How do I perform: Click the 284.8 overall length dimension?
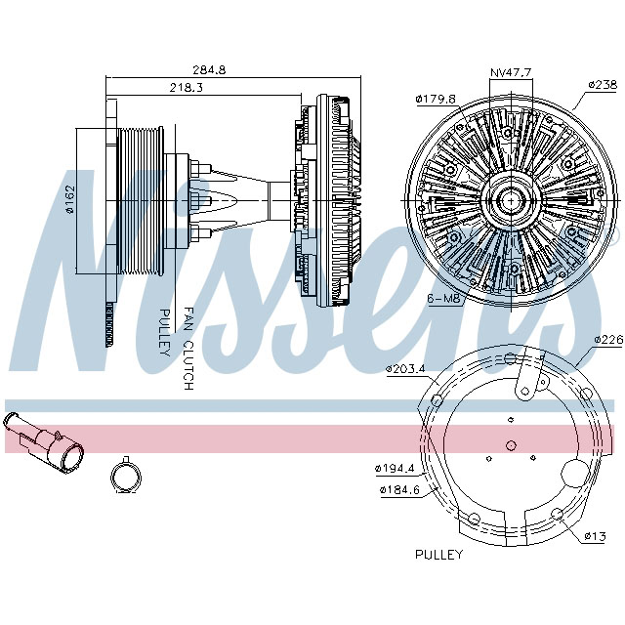click(209, 70)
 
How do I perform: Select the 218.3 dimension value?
click(187, 88)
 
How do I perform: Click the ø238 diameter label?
click(602, 85)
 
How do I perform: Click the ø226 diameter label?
click(608, 340)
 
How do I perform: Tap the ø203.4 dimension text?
click(404, 369)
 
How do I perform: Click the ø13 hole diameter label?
click(596, 536)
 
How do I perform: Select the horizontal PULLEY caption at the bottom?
click(438, 554)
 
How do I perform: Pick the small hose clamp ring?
click(125, 476)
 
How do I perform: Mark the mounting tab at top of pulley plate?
click(531, 376)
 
